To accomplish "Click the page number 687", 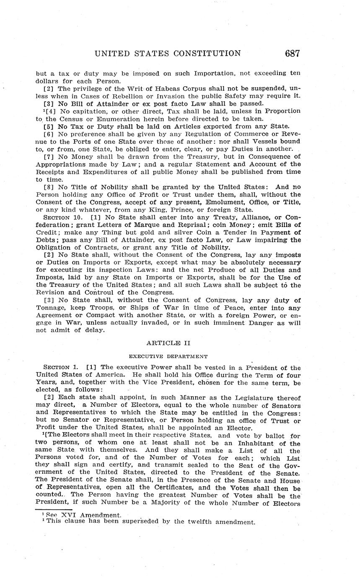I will click(292, 53).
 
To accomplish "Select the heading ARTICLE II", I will click(168, 343).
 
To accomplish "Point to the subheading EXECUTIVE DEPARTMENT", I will click(168, 356).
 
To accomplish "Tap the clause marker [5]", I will click(49, 126).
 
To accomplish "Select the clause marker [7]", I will click(49, 157).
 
